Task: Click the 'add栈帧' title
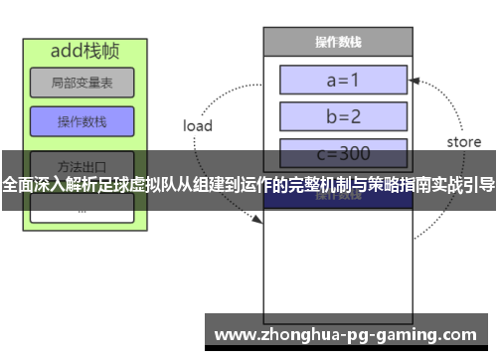pyautogui.click(x=82, y=50)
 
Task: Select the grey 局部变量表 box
pyautogui.click(x=82, y=83)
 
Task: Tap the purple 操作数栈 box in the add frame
pyautogui.click(x=82, y=122)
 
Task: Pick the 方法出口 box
pyautogui.click(x=82, y=164)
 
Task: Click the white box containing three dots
pyautogui.click(x=82, y=210)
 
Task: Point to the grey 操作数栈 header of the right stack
pyautogui.click(x=337, y=42)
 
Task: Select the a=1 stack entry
pyautogui.click(x=343, y=79)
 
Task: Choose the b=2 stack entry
pyautogui.click(x=343, y=115)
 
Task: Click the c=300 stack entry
pyautogui.click(x=343, y=153)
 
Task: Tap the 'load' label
pyautogui.click(x=198, y=126)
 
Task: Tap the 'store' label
pyautogui.click(x=463, y=142)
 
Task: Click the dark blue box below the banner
pyautogui.click(x=337, y=195)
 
